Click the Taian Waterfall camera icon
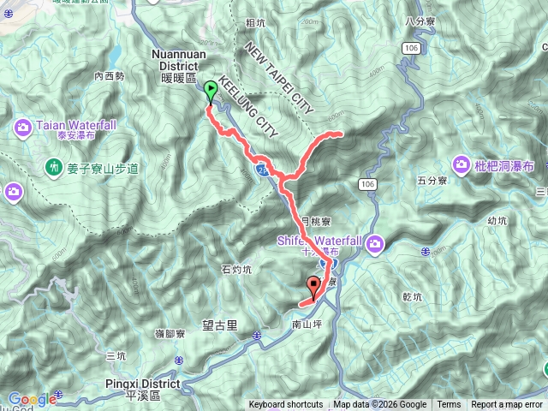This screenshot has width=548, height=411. point(23,128)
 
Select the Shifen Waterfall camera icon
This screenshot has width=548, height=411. point(375,247)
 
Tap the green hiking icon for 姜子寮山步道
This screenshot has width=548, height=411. point(54,168)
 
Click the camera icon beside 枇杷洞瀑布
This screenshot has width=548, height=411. point(462,163)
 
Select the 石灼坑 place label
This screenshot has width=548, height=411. point(236,270)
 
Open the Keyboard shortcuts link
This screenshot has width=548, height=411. point(286,405)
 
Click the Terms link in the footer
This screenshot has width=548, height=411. point(449,405)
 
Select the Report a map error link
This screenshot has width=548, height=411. point(507,405)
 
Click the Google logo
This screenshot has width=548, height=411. point(32,399)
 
